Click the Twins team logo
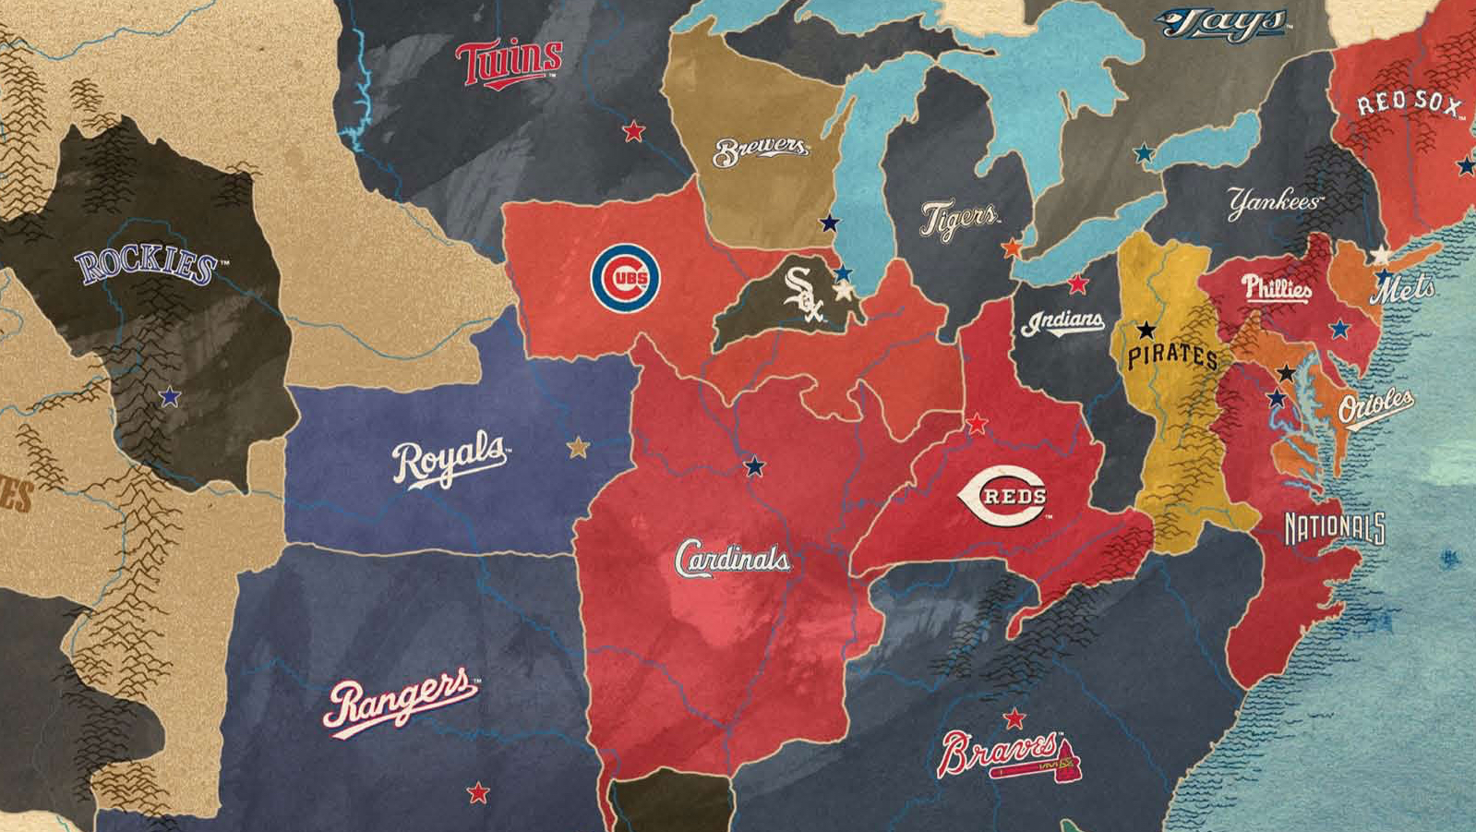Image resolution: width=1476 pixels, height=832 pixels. (x=509, y=63)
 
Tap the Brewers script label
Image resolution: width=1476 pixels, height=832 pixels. (x=761, y=151)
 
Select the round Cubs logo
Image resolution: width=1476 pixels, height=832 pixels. (x=625, y=278)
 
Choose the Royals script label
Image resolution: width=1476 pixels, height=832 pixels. (x=450, y=459)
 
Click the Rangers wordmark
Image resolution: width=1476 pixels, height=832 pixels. (x=399, y=702)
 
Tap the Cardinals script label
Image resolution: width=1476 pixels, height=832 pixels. (x=732, y=559)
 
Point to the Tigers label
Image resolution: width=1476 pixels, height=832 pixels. (x=959, y=220)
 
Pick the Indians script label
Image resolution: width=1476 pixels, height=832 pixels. (x=1062, y=322)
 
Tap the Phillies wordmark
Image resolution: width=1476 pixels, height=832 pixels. (x=1276, y=288)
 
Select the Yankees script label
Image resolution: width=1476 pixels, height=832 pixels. (x=1274, y=202)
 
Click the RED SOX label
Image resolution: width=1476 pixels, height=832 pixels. (x=1409, y=102)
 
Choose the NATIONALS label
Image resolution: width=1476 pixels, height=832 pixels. (x=1335, y=528)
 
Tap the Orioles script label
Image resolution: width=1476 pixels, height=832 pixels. (x=1375, y=406)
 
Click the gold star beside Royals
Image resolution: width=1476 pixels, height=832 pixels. (x=578, y=448)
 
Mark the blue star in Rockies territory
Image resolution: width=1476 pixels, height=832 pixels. (x=169, y=397)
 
